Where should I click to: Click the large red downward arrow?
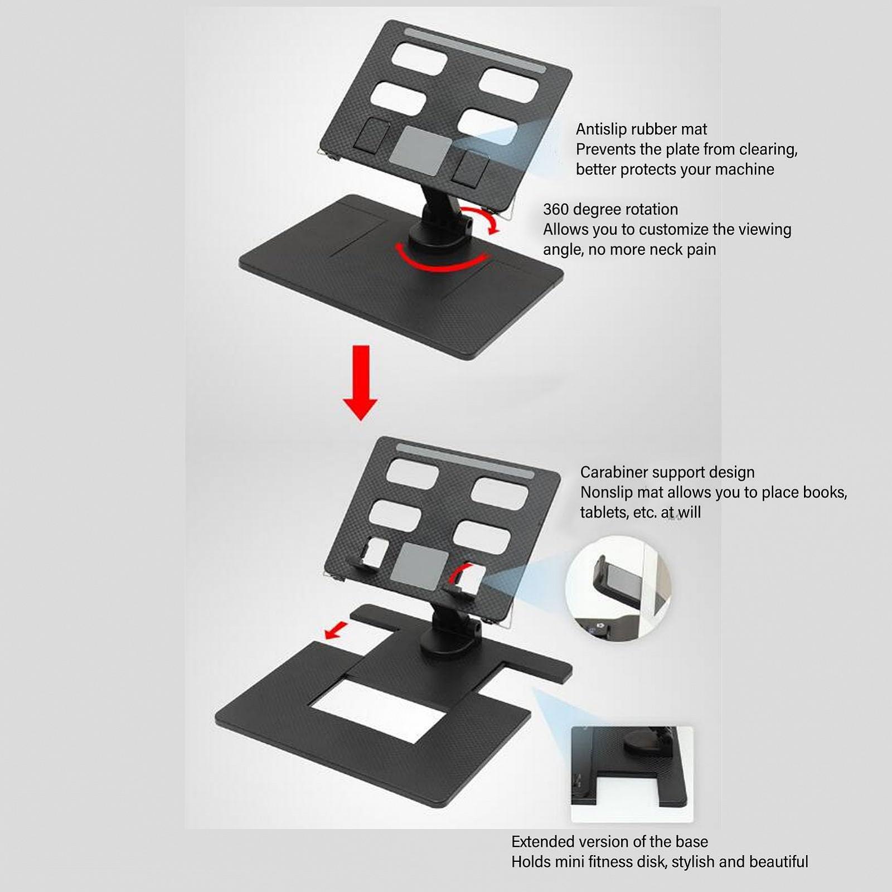click(360, 382)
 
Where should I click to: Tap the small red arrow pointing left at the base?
click(336, 631)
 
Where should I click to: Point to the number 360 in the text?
click(556, 210)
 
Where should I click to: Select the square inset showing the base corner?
click(632, 774)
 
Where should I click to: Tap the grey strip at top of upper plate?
click(475, 51)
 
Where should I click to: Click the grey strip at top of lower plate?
click(465, 461)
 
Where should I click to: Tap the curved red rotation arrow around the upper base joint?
click(442, 263)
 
